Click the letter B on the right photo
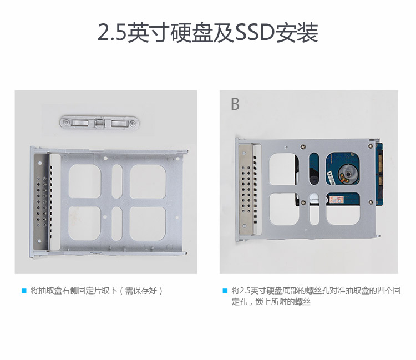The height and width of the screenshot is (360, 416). tap(235, 104)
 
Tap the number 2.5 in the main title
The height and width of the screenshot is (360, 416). tap(111, 33)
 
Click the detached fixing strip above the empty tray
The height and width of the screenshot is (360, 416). tap(99, 123)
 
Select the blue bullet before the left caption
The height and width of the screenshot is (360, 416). tap(24, 291)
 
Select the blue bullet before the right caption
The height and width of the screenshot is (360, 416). tap(225, 291)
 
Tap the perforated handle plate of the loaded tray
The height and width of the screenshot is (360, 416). tap(246, 189)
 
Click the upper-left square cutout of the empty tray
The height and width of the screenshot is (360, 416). tap(85, 181)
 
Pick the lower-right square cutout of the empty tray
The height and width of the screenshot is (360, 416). tap(148, 224)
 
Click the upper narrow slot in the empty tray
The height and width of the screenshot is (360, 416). tap(117, 181)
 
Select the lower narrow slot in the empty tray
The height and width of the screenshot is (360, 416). tap(117, 224)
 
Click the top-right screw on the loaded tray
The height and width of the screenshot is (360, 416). tap(371, 146)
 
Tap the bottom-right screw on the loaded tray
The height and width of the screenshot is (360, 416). tap(371, 202)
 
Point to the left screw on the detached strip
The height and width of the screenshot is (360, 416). tap(67, 123)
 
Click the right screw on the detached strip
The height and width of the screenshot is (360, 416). tap(133, 123)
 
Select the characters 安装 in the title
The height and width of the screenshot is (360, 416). tap(297, 33)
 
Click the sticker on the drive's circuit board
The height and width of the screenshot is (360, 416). tap(337, 200)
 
